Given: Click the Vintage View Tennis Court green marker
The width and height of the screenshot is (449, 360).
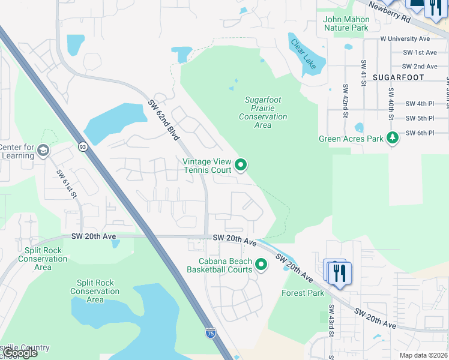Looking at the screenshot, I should point(241,164).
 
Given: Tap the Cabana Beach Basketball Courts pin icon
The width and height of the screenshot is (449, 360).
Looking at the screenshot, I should point(261,264).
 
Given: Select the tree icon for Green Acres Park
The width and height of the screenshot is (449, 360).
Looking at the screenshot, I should point(392,139).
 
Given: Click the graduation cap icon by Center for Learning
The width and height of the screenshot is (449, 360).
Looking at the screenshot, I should point(43,150).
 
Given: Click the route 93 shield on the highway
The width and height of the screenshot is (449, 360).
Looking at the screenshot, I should point(82,146).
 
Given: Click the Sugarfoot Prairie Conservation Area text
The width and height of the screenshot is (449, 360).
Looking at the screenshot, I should point(263,112).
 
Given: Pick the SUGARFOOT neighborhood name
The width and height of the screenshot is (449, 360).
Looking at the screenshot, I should point(398,77).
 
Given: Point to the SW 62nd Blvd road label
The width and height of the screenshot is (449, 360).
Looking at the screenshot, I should point(164,120).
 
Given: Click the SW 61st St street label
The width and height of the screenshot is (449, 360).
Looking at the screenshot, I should point(67,184).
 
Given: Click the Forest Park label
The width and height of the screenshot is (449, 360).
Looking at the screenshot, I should point(303,293).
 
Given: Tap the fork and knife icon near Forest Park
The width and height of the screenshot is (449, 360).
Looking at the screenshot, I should point(340,273).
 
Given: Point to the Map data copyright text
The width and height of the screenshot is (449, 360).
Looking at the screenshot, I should point(423,355).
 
